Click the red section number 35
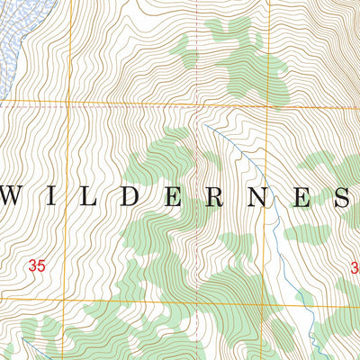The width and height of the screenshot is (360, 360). point(37,265)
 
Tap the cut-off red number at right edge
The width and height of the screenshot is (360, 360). point(355,265)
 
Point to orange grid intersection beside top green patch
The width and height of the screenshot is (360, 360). point(267,106)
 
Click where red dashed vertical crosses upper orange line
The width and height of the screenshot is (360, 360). point(196,106)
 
